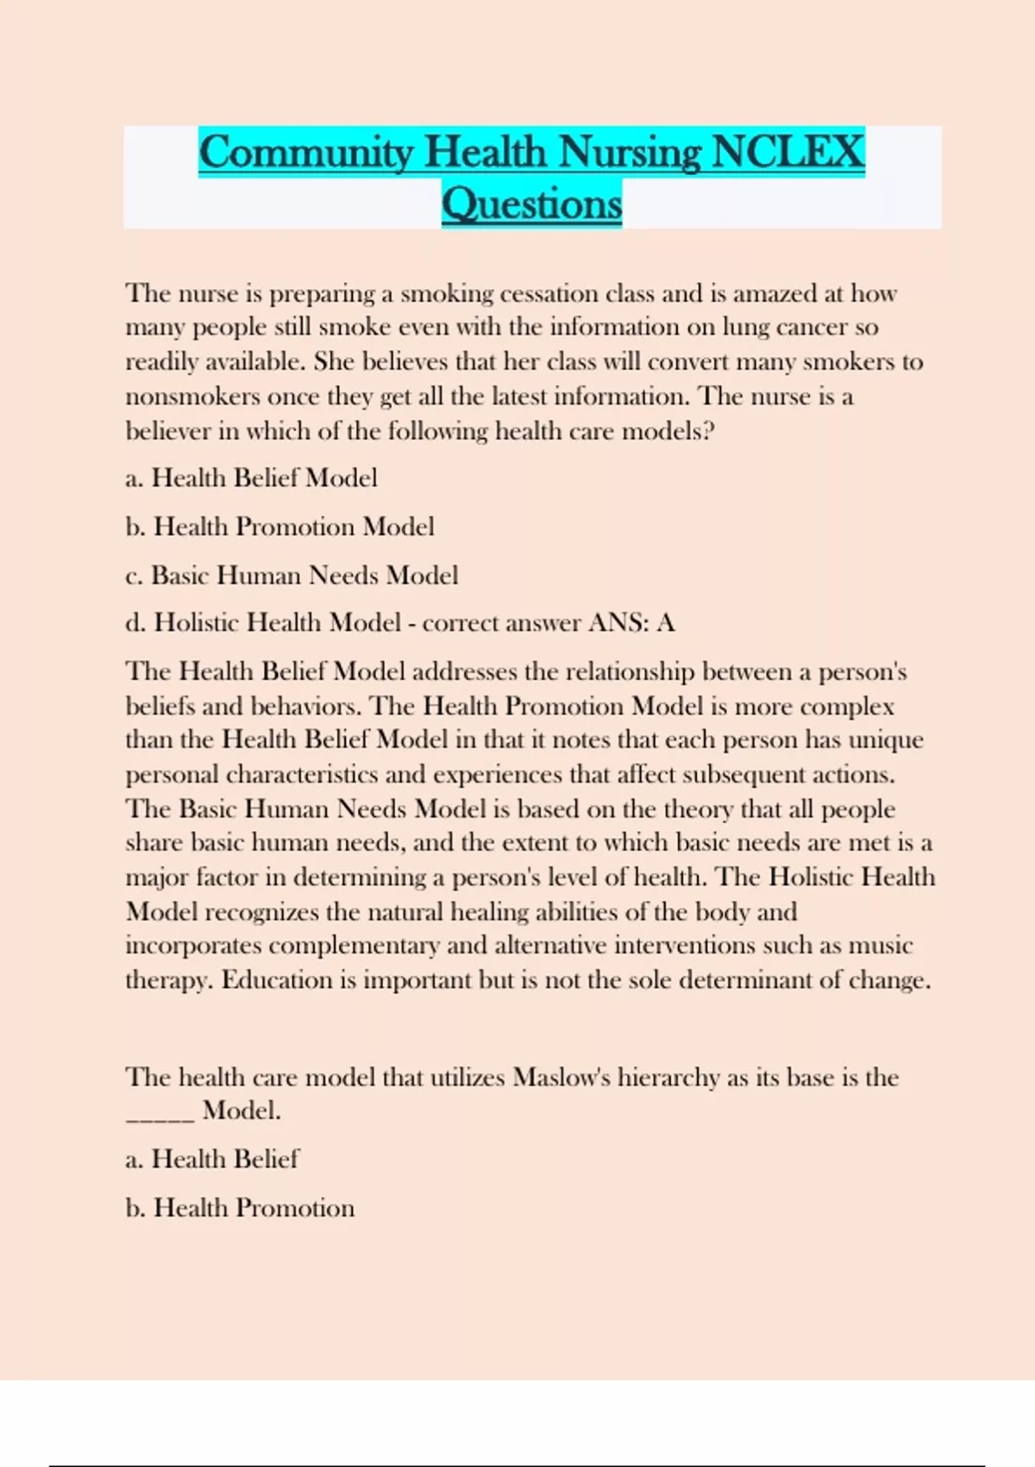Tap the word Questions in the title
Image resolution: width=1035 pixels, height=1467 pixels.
pos(531,204)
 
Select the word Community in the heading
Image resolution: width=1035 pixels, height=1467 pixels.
pos(306,152)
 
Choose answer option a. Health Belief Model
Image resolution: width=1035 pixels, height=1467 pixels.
pos(251,478)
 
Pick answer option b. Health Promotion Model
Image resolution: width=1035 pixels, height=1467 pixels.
pos(279,526)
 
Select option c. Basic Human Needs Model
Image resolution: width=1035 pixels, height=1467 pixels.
pos(292,575)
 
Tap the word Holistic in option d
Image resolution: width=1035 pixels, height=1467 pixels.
pos(197,622)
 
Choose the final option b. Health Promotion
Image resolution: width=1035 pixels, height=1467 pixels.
pos(240,1207)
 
